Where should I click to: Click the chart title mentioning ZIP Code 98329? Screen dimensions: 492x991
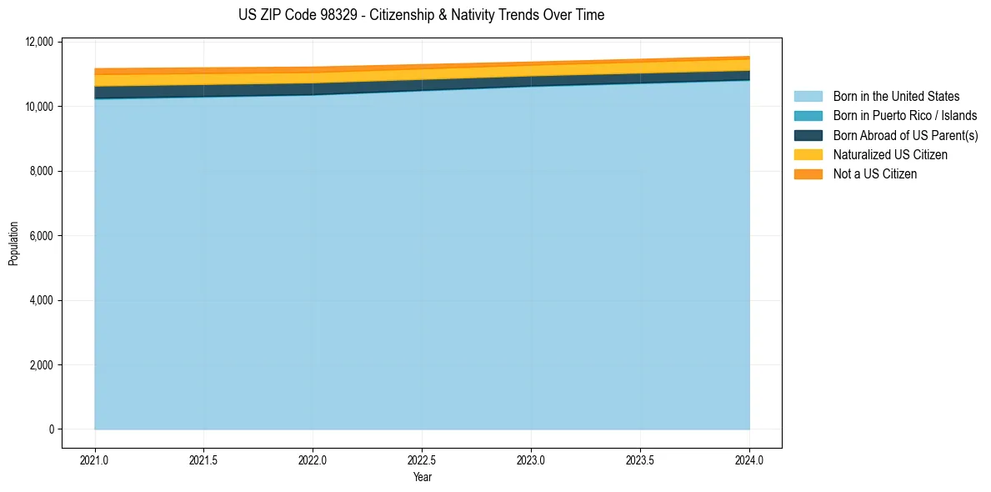pyautogui.click(x=421, y=15)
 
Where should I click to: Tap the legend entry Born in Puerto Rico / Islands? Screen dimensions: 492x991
pyautogui.click(x=904, y=116)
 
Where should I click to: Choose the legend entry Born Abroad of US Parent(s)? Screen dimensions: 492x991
pyautogui.click(x=905, y=135)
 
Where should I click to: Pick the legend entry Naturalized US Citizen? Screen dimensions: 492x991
pyautogui.click(x=890, y=154)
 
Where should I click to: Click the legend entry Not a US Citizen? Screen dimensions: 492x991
pyautogui.click(x=874, y=173)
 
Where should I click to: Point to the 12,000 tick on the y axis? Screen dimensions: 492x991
pyautogui.click(x=39, y=42)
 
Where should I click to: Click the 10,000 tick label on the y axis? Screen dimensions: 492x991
pyautogui.click(x=39, y=107)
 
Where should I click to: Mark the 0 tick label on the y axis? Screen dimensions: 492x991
pyautogui.click(x=51, y=429)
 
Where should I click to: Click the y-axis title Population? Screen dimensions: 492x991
pyautogui.click(x=13, y=243)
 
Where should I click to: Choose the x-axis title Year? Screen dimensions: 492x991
pyautogui.click(x=422, y=477)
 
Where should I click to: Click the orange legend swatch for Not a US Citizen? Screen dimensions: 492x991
pyautogui.click(x=808, y=173)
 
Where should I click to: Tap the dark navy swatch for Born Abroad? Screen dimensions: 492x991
pyautogui.click(x=808, y=135)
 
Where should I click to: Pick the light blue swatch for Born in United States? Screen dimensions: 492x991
pyautogui.click(x=808, y=97)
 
